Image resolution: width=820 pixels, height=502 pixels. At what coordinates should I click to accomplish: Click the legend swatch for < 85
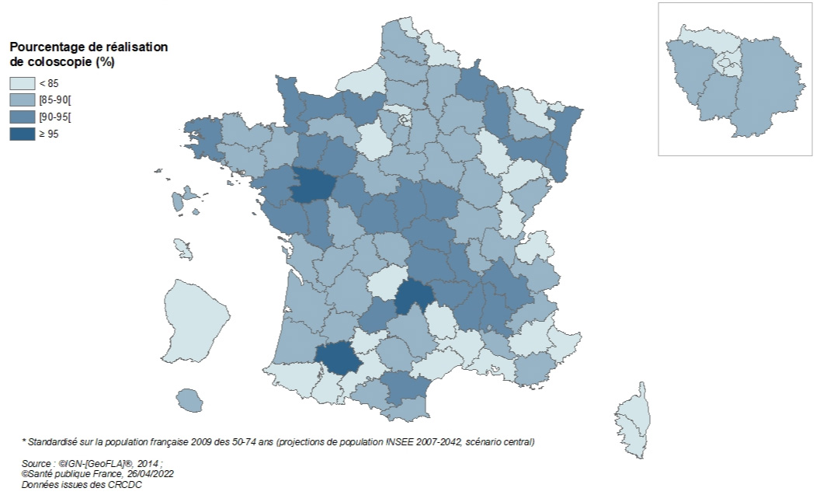(22, 83)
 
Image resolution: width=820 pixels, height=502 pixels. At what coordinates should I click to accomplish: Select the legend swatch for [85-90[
(22, 99)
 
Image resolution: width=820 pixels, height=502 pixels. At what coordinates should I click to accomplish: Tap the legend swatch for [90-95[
(22, 117)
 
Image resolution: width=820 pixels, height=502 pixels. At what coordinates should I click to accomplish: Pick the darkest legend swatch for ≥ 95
(22, 134)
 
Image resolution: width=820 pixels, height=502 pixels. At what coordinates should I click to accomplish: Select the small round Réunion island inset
(189, 401)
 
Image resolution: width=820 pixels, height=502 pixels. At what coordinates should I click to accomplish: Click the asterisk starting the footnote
(23, 441)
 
